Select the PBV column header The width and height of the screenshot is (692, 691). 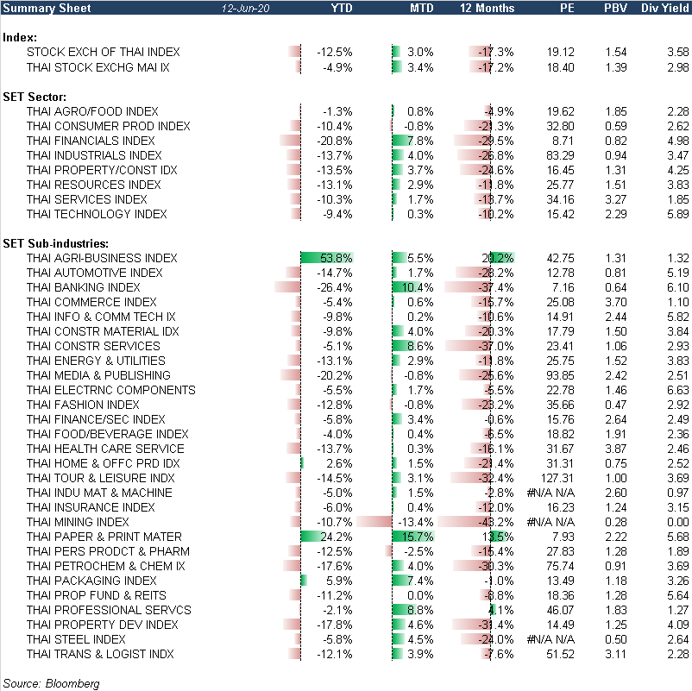tap(615, 8)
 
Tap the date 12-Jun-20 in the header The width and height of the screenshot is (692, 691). tap(247, 8)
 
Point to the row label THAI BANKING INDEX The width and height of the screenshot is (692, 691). tap(84, 287)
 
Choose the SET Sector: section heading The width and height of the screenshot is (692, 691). tap(39, 96)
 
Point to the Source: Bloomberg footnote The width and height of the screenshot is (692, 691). tap(52, 683)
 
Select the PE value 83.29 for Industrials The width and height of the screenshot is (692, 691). tap(558, 155)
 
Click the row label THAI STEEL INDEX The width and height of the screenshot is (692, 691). tap(77, 639)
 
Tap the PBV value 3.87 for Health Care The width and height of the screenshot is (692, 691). tap(615, 449)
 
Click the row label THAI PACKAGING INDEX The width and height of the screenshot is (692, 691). tap(91, 581)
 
